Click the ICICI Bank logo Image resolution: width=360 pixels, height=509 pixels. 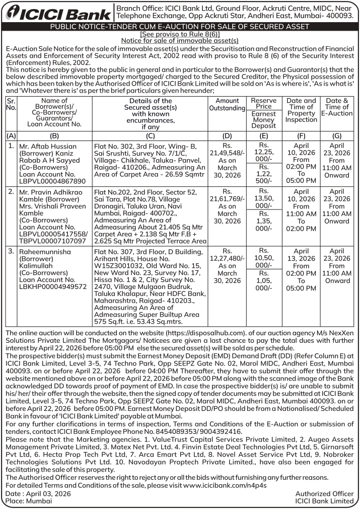(x=57, y=13)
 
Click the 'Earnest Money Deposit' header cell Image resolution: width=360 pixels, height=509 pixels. (x=263, y=120)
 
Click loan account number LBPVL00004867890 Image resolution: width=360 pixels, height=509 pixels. (x=52, y=181)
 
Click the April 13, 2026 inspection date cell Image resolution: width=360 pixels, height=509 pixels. (x=301, y=255)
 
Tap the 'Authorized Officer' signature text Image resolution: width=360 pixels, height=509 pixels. (x=324, y=494)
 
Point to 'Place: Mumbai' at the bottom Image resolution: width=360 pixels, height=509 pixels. (x=29, y=501)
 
